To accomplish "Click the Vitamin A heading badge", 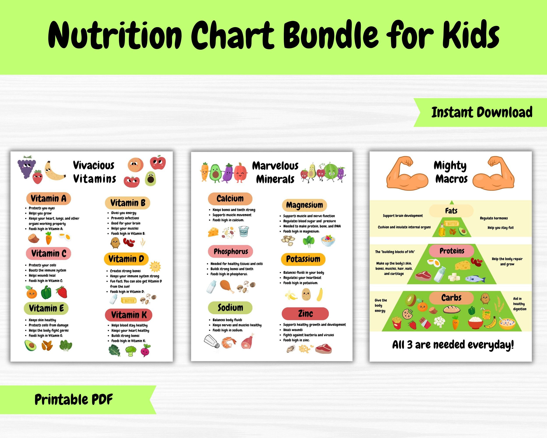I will point(48,198).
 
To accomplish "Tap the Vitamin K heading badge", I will point(129,315).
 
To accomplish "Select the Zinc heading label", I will point(305,314).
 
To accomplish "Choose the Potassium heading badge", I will point(303,259).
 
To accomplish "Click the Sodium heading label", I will point(230,308).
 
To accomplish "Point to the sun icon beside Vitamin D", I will point(155,266).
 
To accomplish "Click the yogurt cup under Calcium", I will point(244,231).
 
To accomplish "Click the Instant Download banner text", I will point(482,113).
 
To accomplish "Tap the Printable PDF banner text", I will point(74,399).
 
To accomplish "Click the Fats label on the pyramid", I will point(451,211).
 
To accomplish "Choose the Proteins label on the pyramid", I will point(452,251).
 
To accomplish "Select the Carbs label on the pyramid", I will point(451,298).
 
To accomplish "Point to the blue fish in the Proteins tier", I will point(475,279).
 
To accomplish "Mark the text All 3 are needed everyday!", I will point(453,345).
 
